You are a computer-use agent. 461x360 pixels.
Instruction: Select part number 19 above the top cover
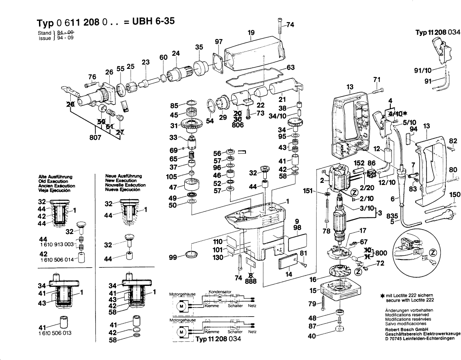coord(251,32)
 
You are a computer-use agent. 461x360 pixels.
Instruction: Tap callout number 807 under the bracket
coord(95,138)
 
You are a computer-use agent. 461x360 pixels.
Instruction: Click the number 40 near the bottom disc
coord(311,335)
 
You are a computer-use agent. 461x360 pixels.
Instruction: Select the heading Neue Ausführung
coord(122,176)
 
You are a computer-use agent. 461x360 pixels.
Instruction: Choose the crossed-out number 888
coord(251,281)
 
